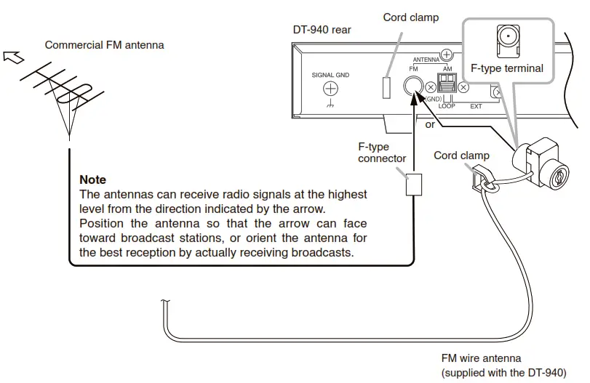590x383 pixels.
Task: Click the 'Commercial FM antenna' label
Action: [104, 45]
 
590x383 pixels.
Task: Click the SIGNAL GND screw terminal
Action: [331, 89]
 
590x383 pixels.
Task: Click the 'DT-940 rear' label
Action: [321, 31]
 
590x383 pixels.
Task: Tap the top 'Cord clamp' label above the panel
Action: [410, 17]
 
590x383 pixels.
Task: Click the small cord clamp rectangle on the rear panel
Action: [386, 86]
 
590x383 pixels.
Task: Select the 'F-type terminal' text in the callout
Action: [506, 68]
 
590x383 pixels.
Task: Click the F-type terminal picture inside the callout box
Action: [506, 39]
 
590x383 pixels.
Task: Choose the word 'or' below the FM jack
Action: [430, 124]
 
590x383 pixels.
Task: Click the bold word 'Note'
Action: [92, 180]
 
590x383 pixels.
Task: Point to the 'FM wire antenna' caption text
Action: [481, 358]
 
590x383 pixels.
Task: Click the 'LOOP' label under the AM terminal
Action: [446, 106]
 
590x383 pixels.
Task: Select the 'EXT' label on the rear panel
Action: [476, 107]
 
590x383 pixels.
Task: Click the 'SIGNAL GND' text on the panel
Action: [332, 74]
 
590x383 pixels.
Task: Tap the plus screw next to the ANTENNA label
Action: [447, 54]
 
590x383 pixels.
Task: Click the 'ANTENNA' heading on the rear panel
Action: [426, 59]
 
